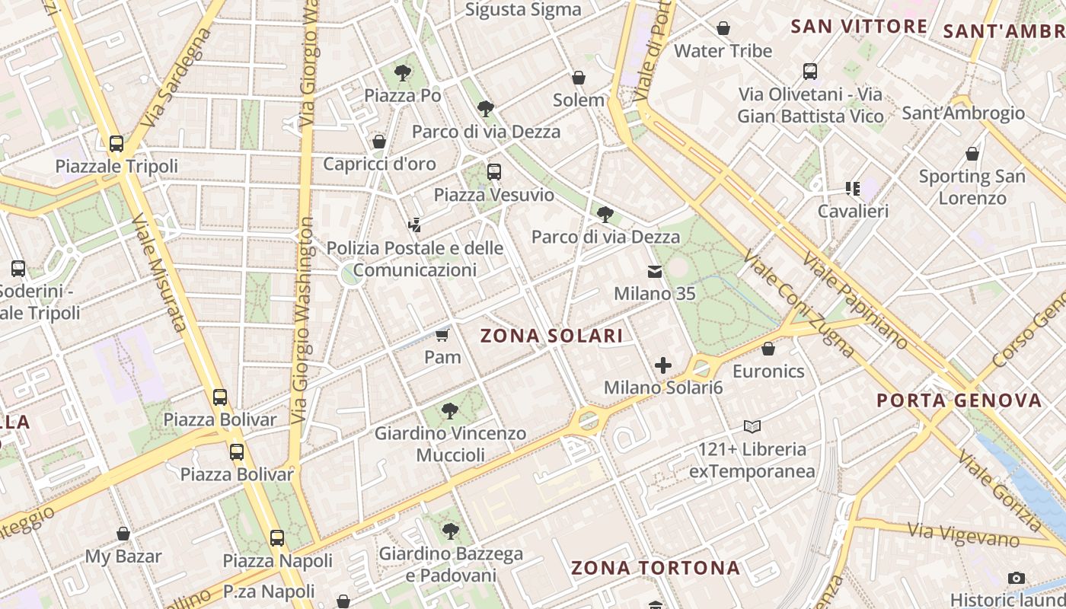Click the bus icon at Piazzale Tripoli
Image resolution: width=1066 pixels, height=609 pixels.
click(x=116, y=143)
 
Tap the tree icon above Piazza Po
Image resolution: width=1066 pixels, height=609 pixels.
click(x=403, y=73)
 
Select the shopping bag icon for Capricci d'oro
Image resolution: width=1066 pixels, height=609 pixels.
click(x=378, y=142)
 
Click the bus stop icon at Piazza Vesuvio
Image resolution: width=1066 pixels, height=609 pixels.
click(x=494, y=171)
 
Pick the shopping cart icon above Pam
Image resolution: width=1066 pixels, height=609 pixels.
click(x=442, y=334)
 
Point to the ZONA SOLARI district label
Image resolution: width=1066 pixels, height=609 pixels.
click(x=551, y=336)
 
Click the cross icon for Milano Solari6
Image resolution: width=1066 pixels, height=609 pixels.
click(x=663, y=365)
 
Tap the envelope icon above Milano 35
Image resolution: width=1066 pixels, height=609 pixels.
click(x=654, y=271)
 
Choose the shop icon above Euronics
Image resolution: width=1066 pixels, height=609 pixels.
click(x=768, y=349)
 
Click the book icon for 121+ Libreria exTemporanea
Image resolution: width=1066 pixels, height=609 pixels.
click(x=752, y=426)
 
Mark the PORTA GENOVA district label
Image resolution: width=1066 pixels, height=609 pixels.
click(x=959, y=400)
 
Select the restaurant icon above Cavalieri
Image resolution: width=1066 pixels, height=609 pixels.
click(x=852, y=188)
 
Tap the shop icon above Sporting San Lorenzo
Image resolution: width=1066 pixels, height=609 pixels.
click(x=972, y=154)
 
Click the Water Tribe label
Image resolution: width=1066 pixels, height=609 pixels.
click(x=723, y=51)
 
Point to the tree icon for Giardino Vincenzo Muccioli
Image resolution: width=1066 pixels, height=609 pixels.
click(x=450, y=411)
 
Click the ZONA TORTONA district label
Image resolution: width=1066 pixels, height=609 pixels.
click(x=655, y=568)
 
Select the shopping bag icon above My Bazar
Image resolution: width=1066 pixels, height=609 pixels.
click(x=123, y=534)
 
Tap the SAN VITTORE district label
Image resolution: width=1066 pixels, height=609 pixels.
click(x=859, y=27)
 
